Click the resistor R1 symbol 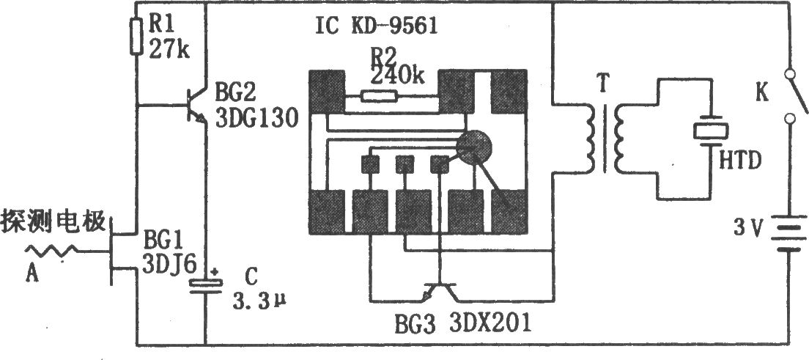136,37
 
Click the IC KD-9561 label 377,26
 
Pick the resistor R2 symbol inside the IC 379,95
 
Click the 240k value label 396,76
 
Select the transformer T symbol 604,139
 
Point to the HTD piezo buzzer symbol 711,132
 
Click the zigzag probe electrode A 52,251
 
